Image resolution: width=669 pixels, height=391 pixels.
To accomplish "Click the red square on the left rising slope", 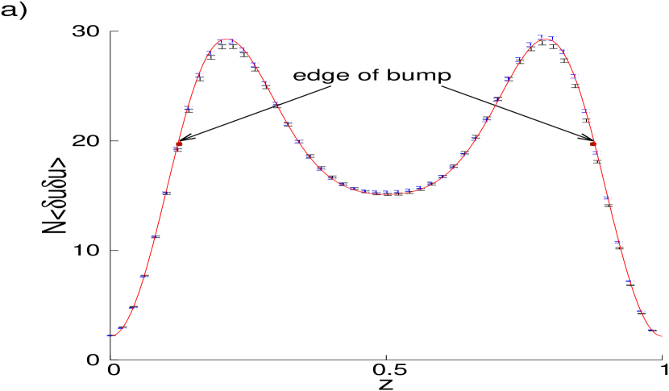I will pyautogui.click(x=179, y=144).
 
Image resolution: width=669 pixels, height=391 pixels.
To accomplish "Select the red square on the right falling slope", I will pyautogui.click(x=593, y=144).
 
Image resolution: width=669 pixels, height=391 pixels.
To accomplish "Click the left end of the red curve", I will pyautogui.click(x=107, y=335).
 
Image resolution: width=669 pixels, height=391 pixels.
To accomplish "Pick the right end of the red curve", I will pyautogui.click(x=662, y=335).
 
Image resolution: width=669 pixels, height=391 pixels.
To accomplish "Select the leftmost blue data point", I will pyautogui.click(x=110, y=335).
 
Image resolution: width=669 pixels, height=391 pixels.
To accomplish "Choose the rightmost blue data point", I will pyautogui.click(x=651, y=329).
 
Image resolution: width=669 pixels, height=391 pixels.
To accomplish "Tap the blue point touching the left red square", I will pyautogui.click(x=177, y=148).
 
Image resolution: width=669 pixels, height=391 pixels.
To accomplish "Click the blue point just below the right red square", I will pyautogui.click(x=596, y=152).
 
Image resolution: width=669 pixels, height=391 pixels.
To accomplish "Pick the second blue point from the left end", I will pyautogui.click(x=133, y=308).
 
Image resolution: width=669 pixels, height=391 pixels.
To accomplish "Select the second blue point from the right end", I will pyautogui.click(x=641, y=310).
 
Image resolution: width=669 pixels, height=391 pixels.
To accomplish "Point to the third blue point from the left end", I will pyautogui.click(x=143, y=277).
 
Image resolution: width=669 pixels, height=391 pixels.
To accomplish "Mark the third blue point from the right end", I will pyautogui.click(x=630, y=281).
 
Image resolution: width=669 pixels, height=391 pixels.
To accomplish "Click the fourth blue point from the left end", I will pyautogui.click(x=154, y=238).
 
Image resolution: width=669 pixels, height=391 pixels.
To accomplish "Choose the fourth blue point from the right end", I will pyautogui.click(x=618, y=241).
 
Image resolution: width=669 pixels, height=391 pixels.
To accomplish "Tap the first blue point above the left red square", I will pyautogui.click(x=188, y=107).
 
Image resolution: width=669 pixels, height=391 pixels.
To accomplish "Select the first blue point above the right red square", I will pyautogui.click(x=585, y=110).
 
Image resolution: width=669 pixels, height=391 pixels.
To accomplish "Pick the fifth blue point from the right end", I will pyautogui.click(x=607, y=198).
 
